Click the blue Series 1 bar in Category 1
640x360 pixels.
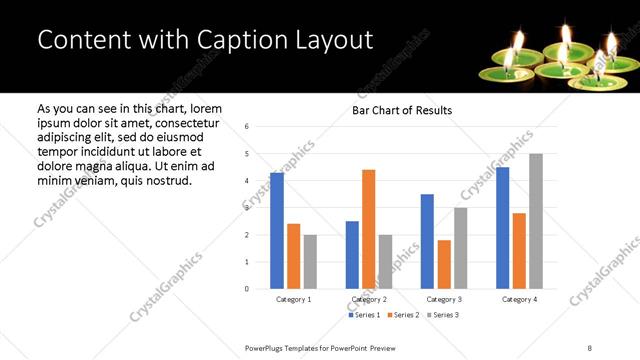click(277, 231)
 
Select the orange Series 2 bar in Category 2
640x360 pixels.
click(368, 229)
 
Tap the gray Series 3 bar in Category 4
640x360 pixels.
click(536, 221)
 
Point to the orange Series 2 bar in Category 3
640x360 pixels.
click(444, 264)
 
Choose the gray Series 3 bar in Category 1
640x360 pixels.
click(310, 262)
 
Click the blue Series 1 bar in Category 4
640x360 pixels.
click(503, 228)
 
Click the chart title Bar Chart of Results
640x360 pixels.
click(402, 110)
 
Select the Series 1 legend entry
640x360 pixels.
click(364, 315)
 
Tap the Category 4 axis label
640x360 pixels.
click(519, 299)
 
